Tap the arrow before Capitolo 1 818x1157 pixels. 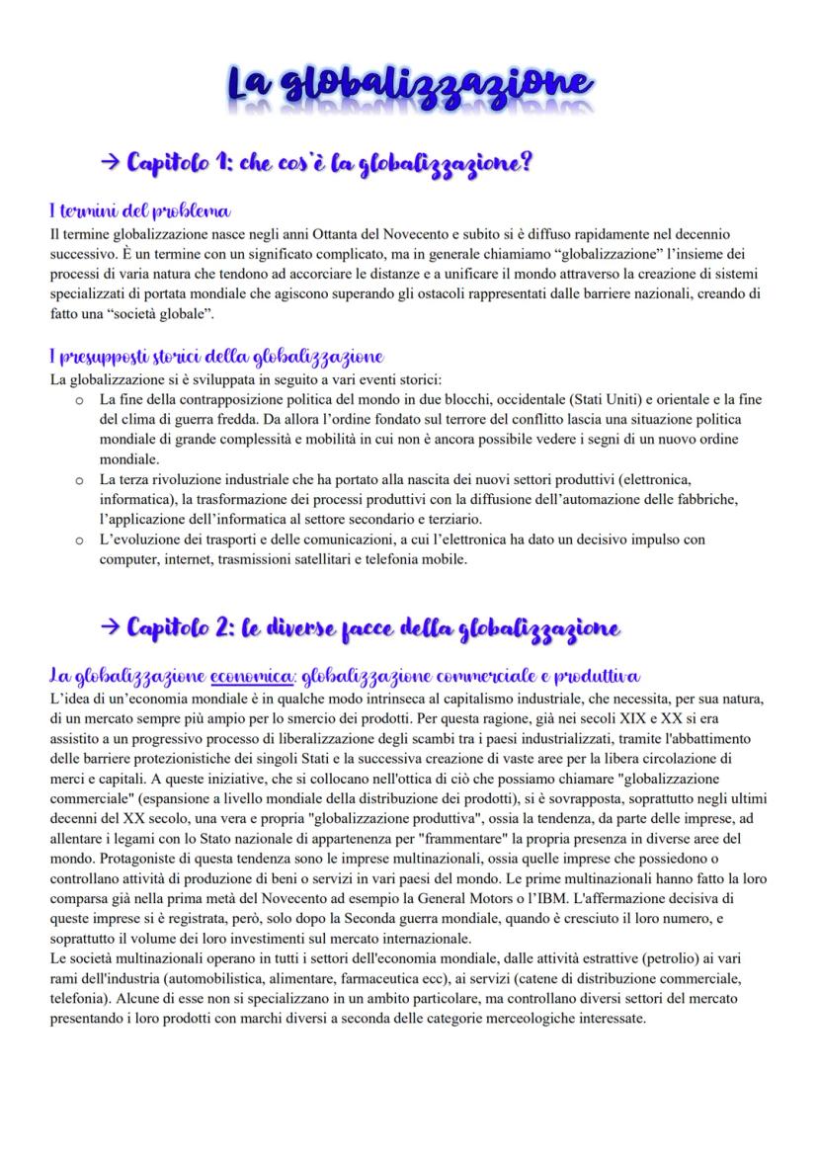point(112,161)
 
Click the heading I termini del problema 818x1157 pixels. point(139,210)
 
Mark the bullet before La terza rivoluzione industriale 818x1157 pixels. point(79,479)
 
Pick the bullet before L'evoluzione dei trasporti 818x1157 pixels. point(79,539)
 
